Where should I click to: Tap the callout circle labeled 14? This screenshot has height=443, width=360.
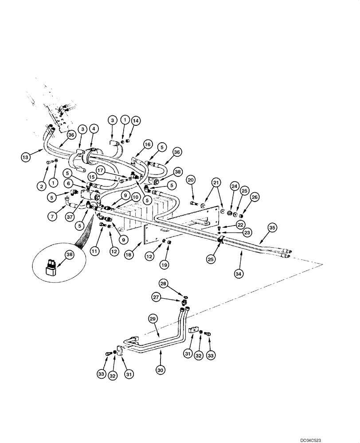point(136,120)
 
